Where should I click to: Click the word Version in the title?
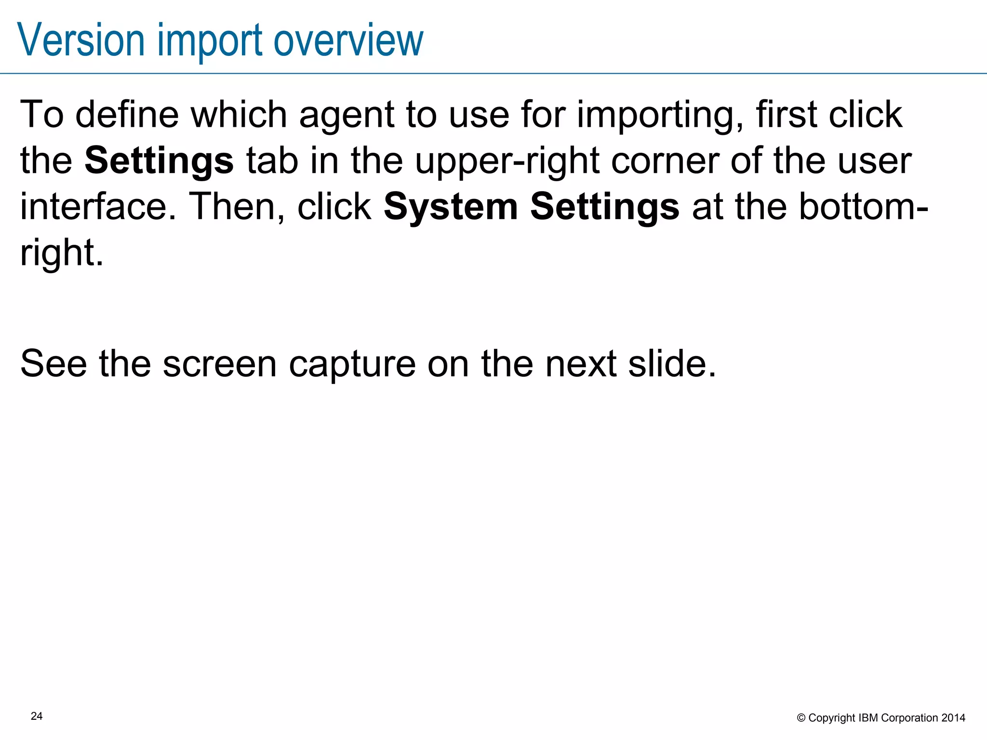tap(81, 40)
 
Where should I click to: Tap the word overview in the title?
tap(348, 40)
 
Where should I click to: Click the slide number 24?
tap(37, 716)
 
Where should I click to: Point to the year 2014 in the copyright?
tap(953, 718)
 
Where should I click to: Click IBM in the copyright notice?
tap(868, 718)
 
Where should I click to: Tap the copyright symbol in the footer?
tap(801, 718)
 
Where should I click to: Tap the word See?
tap(53, 364)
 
